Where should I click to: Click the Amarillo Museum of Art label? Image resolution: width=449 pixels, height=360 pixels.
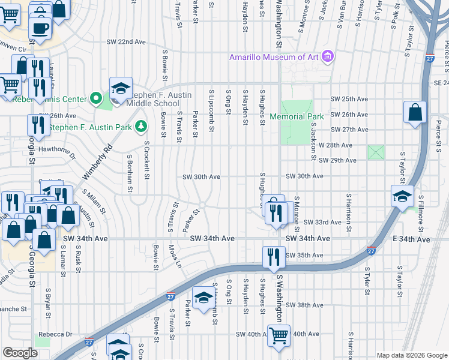274,57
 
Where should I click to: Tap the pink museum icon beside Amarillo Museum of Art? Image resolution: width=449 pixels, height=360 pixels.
327,57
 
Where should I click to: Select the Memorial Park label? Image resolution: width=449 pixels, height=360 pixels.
297,116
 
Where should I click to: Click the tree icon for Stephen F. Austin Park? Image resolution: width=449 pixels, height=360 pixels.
140,126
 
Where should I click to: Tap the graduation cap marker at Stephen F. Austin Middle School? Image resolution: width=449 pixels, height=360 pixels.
120,88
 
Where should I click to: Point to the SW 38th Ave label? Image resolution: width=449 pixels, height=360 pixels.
304,305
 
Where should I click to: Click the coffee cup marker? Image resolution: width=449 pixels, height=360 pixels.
40,28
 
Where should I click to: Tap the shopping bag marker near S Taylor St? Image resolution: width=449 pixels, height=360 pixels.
415,112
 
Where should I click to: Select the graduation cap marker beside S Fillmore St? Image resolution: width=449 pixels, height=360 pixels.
402,196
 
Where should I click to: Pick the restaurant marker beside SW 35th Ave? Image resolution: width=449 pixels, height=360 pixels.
274,256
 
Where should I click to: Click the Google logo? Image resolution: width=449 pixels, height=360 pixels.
20,353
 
